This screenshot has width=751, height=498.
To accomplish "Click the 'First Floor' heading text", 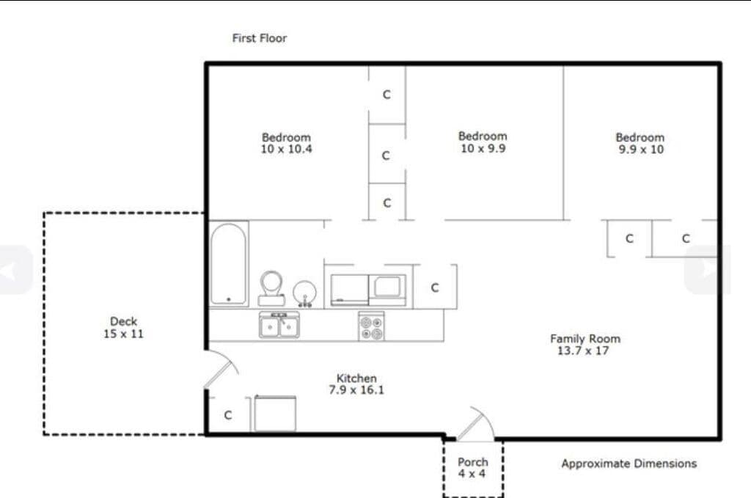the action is (260, 38).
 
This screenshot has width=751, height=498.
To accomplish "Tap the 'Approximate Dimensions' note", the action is (629, 464).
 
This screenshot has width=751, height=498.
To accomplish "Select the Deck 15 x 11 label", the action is (123, 328).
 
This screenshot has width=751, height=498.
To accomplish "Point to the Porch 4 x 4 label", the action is (473, 468).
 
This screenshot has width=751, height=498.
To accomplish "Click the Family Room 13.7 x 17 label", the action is (585, 345).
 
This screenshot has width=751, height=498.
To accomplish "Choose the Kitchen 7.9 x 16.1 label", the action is (356, 384).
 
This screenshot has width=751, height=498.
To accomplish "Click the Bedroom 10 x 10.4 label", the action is (286, 143).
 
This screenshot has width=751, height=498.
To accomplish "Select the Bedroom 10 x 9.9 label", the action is (483, 142).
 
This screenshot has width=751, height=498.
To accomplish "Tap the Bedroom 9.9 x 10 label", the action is (640, 143).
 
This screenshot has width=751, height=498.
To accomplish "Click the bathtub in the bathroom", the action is (229, 264).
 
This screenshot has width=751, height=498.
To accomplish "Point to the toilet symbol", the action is (271, 288).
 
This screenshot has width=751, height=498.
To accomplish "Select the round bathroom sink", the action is (304, 293).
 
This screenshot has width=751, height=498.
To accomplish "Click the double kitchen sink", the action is (279, 325).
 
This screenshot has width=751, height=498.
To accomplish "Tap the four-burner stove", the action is (371, 326).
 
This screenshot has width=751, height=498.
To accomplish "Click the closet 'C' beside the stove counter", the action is (435, 288).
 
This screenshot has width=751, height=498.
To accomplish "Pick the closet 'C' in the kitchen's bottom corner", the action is (228, 415).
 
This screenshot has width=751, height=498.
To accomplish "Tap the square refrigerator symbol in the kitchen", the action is (275, 413).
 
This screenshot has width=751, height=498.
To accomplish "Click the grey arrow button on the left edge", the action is (15, 270).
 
